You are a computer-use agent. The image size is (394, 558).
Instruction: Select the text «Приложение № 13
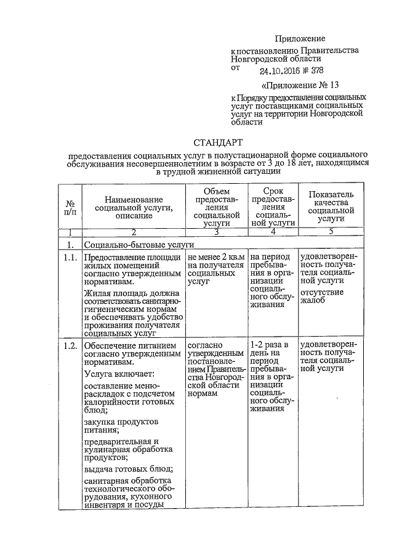[x=300, y=84]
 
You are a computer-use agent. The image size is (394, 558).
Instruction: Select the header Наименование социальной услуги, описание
[x=134, y=208]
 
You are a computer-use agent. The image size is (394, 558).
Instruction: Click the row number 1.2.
[x=70, y=346]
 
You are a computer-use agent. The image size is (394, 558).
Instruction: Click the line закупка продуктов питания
[x=121, y=425]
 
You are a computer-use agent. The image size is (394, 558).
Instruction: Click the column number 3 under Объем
[x=215, y=232]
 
